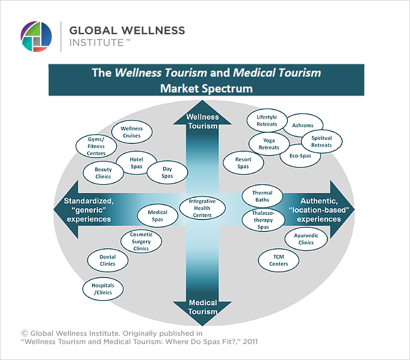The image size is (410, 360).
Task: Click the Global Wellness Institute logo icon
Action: [x=36, y=37]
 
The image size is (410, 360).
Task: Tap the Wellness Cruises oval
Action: [x=132, y=132]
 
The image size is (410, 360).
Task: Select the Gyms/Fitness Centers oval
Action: [x=92, y=146]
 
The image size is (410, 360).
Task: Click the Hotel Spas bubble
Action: [x=136, y=163]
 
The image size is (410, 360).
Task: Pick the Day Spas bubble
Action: [x=168, y=172]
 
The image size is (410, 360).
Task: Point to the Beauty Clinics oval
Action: [x=103, y=173]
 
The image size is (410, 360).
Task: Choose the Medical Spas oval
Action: [x=158, y=217]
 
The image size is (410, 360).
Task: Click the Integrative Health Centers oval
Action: [x=202, y=208]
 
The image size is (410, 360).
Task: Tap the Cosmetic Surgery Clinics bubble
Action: [x=141, y=241]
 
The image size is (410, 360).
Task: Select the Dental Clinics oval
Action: [x=107, y=260]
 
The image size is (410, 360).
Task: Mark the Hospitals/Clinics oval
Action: [x=103, y=289]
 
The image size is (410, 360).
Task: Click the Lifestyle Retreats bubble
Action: [x=267, y=121]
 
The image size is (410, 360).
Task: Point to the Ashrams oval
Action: [x=303, y=126]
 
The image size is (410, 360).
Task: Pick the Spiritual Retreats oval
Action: [x=322, y=142]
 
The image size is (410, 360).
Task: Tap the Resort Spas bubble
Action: [x=243, y=163]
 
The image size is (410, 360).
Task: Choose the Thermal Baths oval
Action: [x=263, y=197]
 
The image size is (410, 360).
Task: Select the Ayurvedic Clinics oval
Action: [x=306, y=239]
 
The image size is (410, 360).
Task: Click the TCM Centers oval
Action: [x=278, y=260]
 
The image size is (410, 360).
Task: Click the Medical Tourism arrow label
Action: [x=202, y=307]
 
